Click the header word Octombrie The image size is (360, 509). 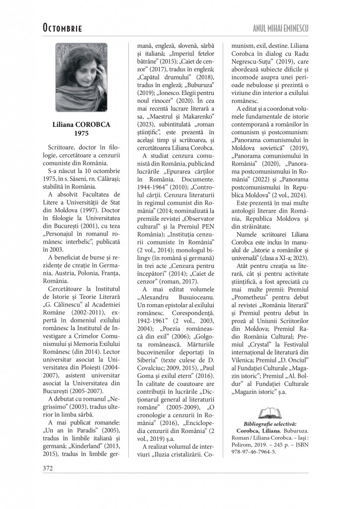point(62,28)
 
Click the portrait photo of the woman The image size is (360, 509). point(82,77)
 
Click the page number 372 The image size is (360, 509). point(48,468)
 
